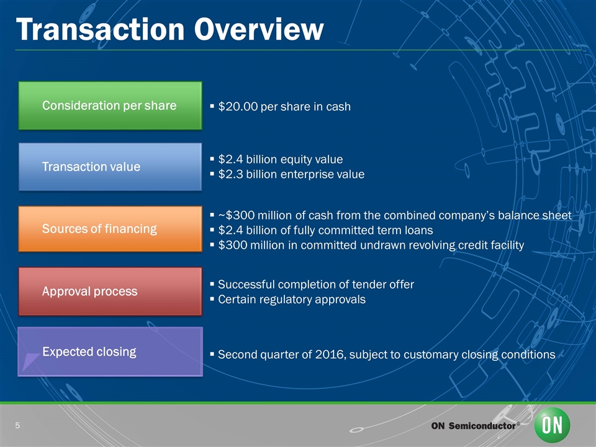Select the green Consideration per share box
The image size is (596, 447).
(109, 106)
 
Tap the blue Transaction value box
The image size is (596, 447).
(109, 167)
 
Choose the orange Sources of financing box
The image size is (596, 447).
(109, 229)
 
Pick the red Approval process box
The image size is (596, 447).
(109, 291)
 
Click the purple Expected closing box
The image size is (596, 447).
(109, 352)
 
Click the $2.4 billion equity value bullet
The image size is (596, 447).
(280, 159)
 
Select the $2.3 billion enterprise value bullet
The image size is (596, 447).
(291, 174)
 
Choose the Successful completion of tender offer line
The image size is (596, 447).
(315, 284)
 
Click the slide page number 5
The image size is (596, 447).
(18, 425)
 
